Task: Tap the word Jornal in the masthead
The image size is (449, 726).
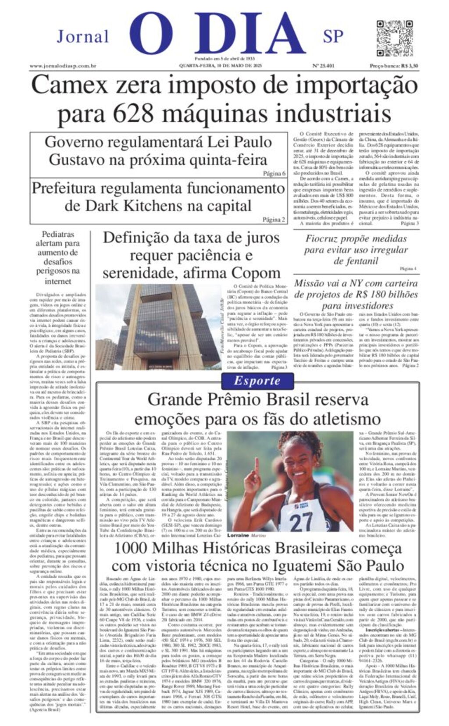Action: click(82, 36)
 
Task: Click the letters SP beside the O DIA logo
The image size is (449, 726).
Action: click(333, 36)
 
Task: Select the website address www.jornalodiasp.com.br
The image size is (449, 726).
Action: click(63, 66)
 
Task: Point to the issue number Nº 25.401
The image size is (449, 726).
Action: click(323, 66)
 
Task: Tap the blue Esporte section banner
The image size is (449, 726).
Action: click(257, 381)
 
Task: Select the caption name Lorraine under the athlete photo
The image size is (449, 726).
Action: click(238, 535)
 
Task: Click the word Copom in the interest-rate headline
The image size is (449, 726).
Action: click(256, 273)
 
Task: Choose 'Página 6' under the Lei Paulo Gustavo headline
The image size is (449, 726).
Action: click(274, 173)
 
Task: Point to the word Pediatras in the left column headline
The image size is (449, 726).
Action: click(58, 235)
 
